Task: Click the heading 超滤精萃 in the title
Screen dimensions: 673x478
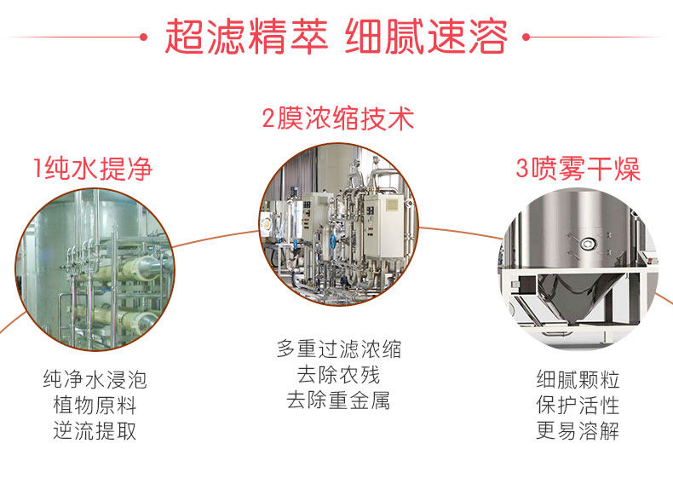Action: tap(245, 38)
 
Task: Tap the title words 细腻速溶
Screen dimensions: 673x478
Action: tap(426, 38)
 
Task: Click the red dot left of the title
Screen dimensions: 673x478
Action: tap(145, 38)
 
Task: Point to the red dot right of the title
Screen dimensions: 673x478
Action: tap(526, 38)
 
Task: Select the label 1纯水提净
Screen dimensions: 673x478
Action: tap(93, 168)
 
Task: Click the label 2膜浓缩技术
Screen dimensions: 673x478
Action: tap(337, 118)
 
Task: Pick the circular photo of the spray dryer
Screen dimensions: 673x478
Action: tap(579, 273)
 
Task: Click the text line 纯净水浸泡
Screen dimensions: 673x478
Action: tap(94, 378)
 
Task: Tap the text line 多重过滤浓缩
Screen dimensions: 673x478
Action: tap(338, 348)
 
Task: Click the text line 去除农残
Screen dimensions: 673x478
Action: tap(338, 374)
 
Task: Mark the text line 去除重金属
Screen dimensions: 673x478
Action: tap(338, 400)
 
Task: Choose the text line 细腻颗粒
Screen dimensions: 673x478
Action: tap(578, 378)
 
